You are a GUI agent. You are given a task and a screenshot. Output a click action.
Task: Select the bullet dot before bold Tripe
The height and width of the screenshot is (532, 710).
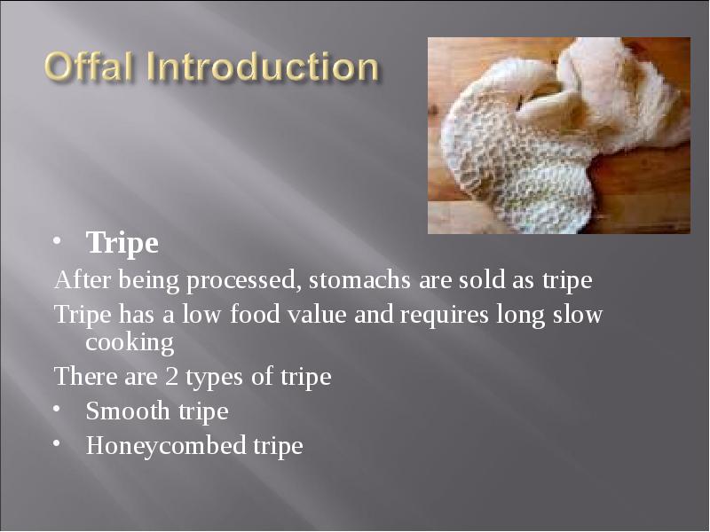(x=57, y=241)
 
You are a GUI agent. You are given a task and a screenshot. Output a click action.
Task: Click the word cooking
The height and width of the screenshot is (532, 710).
(x=129, y=342)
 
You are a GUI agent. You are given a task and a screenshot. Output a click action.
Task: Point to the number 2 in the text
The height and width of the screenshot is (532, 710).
(x=172, y=377)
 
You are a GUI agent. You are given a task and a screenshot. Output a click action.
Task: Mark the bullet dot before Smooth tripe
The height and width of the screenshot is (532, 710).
(x=57, y=411)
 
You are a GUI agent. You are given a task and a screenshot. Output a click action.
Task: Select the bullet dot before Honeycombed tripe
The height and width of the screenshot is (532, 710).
(x=57, y=444)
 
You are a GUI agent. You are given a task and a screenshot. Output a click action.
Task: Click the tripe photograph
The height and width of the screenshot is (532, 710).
(x=558, y=135)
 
